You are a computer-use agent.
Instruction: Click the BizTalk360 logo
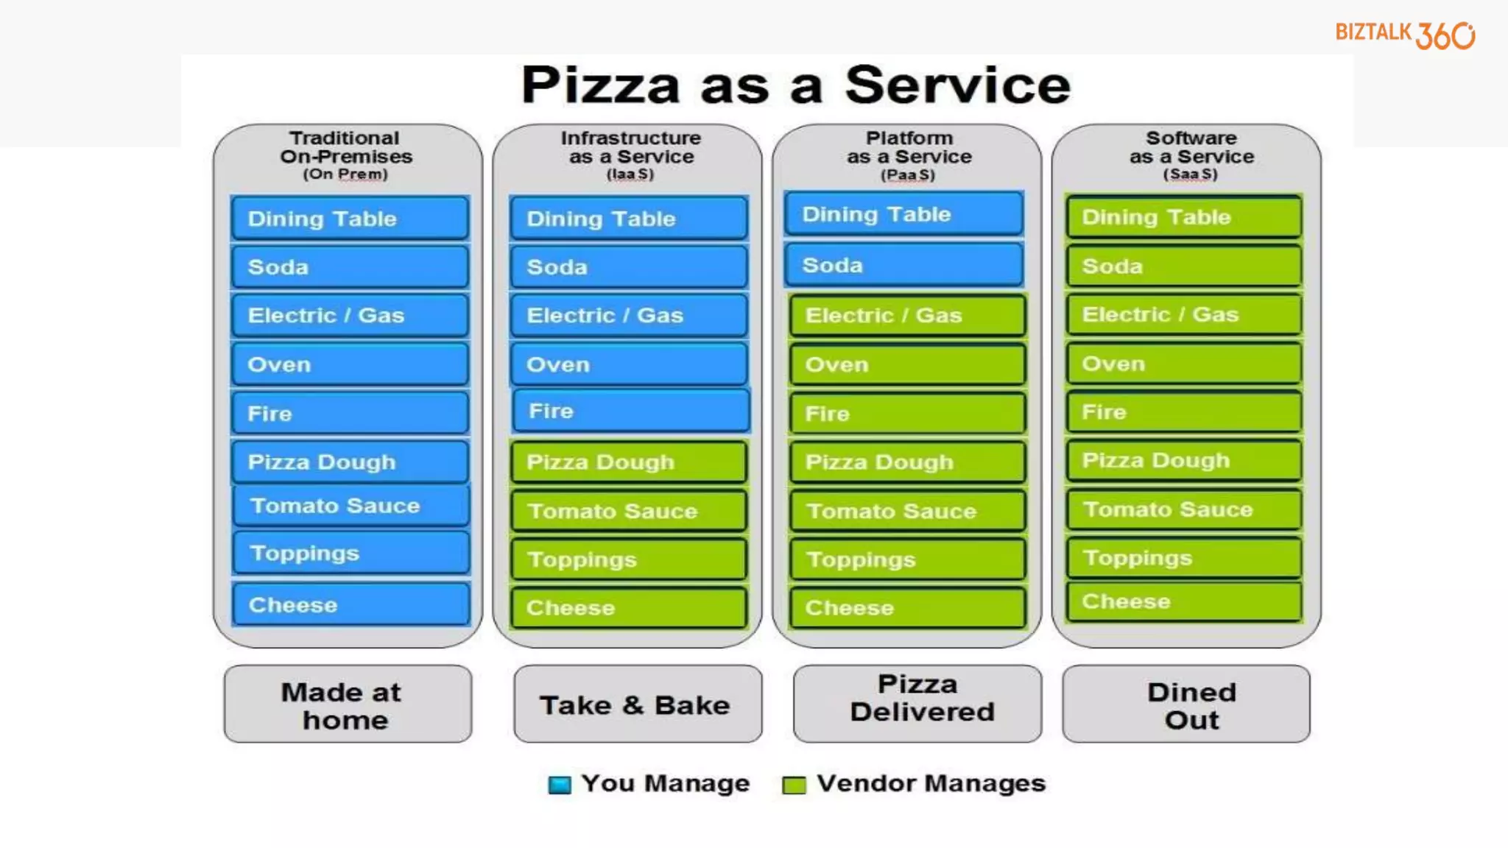1405,35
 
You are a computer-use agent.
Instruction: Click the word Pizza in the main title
600,85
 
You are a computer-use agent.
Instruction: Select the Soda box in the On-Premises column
350,266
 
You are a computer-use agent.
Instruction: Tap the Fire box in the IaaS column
630,411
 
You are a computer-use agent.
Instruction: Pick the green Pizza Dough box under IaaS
629,462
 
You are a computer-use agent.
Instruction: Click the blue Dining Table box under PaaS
903,214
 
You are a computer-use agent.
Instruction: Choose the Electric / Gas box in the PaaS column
907,315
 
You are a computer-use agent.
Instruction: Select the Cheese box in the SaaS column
1183,601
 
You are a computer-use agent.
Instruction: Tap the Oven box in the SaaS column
1183,364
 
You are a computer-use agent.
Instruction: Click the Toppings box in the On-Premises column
350,553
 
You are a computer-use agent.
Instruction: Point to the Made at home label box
348,704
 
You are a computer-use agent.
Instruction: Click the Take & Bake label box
638,704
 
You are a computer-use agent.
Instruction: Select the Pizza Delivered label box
917,704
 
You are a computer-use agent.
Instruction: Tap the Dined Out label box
1186,704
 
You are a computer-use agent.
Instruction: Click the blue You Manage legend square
560,785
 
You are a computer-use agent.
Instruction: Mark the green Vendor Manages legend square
794,785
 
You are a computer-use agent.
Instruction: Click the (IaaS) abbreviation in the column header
630,174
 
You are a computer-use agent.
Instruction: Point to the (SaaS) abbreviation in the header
1190,174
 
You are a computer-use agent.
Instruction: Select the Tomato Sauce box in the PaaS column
907,511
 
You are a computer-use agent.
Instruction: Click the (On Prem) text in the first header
345,174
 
